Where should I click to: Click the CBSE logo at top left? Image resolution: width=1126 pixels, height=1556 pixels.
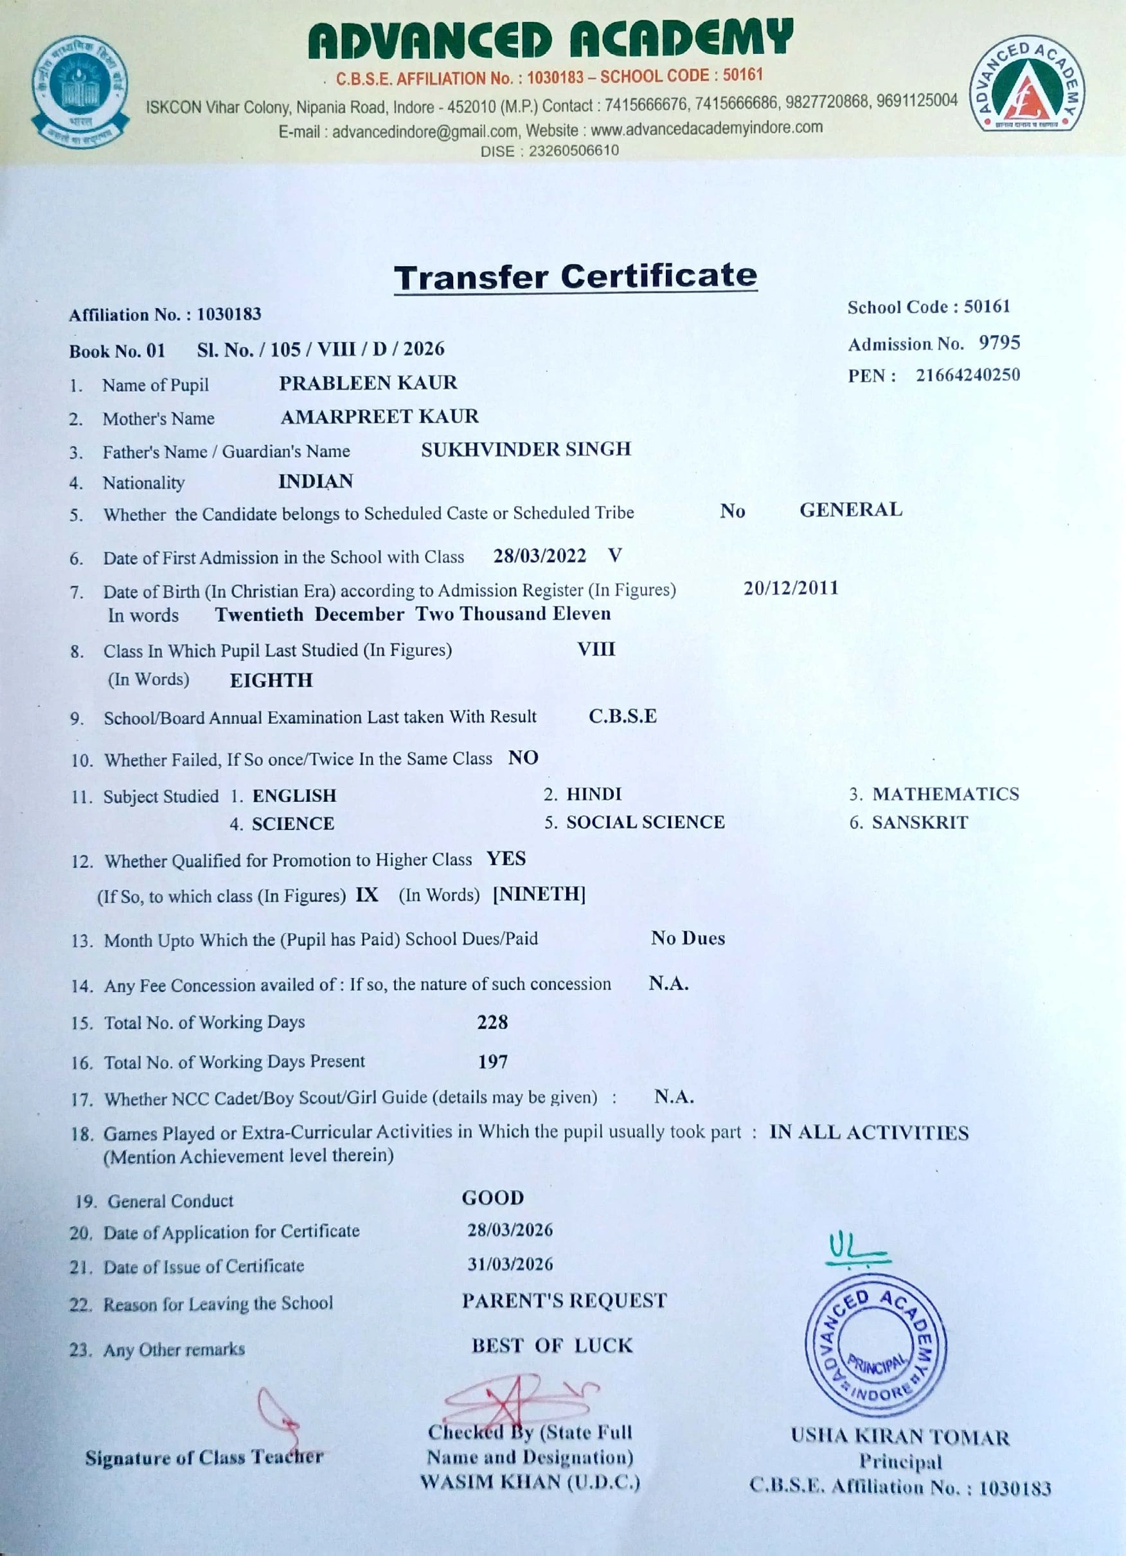80,91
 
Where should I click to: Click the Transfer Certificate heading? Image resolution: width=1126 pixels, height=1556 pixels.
575,277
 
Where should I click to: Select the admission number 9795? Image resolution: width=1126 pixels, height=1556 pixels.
999,342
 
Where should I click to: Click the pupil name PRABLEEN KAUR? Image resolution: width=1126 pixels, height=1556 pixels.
368,383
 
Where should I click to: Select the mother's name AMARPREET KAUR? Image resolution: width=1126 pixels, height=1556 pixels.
379,417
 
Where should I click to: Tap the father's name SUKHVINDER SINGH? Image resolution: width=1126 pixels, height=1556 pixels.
525,449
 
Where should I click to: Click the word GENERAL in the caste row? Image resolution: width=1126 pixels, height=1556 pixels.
850,510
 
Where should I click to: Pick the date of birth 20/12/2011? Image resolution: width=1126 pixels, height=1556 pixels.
791,588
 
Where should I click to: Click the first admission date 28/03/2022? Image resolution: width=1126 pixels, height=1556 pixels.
540,556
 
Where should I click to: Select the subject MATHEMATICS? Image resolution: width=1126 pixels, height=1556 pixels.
945,794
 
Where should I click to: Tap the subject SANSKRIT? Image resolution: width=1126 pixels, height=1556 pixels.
920,822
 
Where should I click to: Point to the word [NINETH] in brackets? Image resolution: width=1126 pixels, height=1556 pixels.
539,894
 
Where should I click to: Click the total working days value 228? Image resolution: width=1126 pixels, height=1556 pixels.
492,1022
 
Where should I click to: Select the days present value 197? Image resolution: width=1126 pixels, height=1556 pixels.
492,1062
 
